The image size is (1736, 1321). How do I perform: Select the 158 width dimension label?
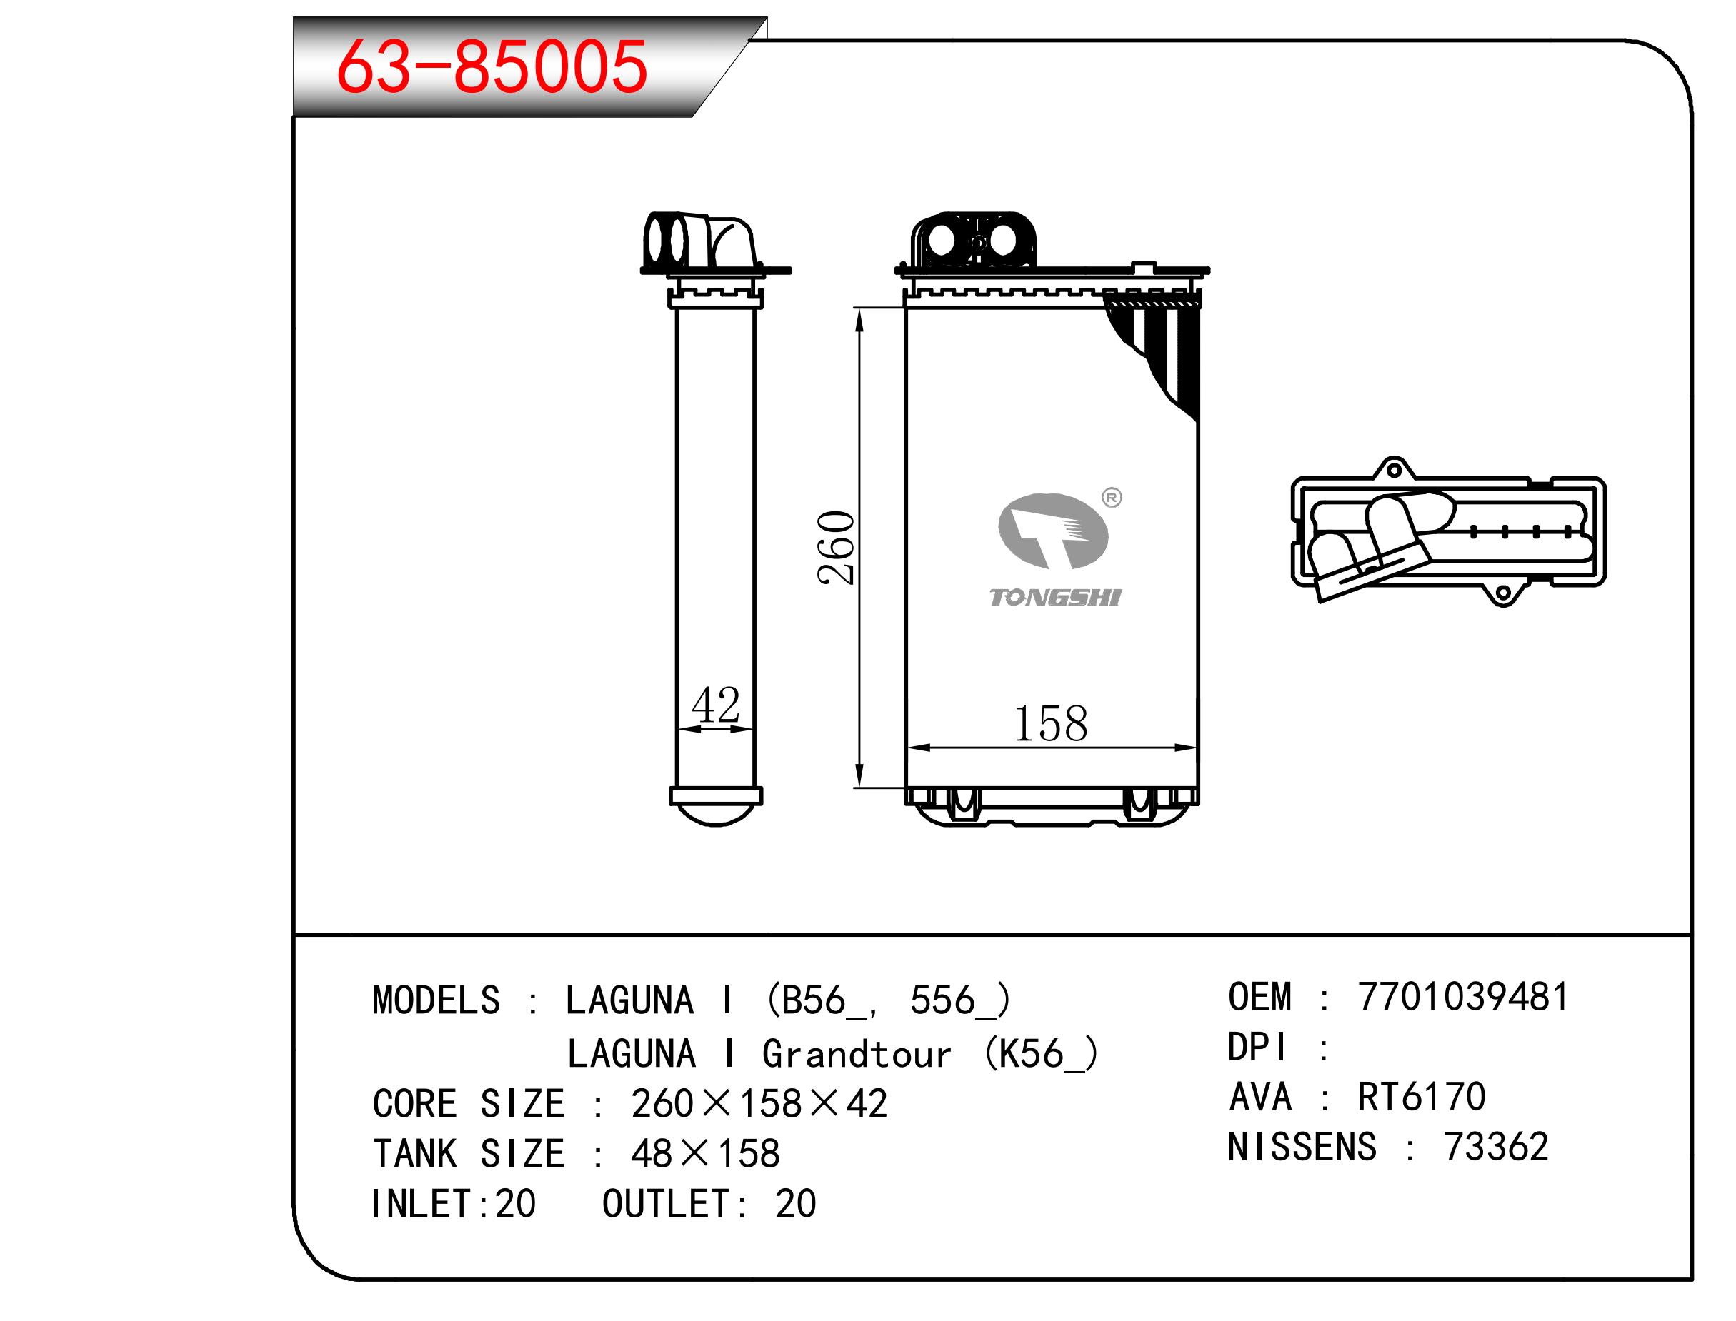click(x=1051, y=723)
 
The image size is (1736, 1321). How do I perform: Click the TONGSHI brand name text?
click(x=1054, y=598)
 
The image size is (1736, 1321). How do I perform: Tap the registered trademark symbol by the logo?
click(x=1112, y=498)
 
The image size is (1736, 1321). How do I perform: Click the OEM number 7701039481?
click(x=1463, y=997)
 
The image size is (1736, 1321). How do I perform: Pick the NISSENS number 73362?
click(x=1496, y=1147)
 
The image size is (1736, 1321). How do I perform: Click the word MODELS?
click(x=437, y=1000)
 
